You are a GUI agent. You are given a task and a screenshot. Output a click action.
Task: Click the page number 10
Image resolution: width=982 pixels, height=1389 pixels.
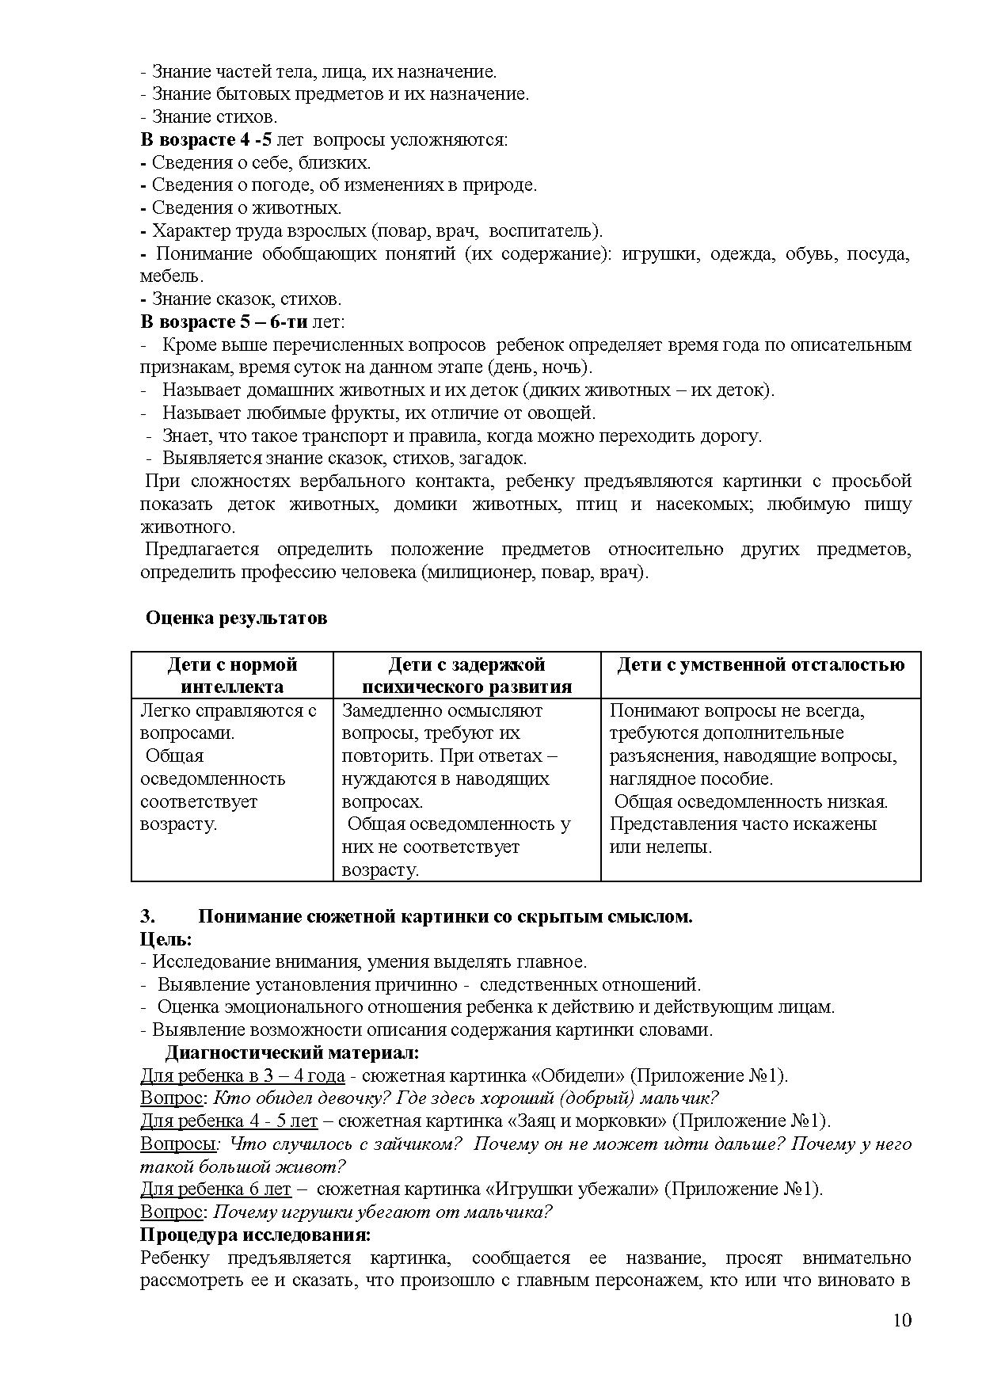click(x=902, y=1320)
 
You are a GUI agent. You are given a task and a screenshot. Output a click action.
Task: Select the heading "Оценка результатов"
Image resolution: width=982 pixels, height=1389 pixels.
click(x=236, y=618)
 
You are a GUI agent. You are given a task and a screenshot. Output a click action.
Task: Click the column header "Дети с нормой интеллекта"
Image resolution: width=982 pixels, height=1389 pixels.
click(x=232, y=675)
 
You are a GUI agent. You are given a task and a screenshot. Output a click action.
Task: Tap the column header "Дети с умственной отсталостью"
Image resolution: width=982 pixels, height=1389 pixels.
click(x=760, y=664)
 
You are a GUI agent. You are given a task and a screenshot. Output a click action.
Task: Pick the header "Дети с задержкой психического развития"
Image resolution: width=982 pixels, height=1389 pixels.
click(x=466, y=675)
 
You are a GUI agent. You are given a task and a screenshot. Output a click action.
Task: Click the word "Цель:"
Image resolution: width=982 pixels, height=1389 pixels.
click(x=166, y=939)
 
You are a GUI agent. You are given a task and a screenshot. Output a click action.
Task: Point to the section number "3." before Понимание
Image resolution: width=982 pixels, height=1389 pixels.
click(x=147, y=916)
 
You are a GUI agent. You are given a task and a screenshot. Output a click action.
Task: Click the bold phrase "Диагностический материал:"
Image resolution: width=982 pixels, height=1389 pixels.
click(x=291, y=1053)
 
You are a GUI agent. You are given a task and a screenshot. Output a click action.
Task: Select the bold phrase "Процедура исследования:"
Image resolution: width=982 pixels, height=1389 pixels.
click(x=256, y=1235)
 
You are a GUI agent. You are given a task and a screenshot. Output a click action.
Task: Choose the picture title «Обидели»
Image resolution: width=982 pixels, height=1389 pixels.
click(x=577, y=1076)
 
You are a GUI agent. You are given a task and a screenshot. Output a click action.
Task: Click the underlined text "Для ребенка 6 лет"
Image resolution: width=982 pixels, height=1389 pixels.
click(x=215, y=1189)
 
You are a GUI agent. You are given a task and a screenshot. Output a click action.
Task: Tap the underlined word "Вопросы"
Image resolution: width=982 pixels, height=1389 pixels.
click(x=177, y=1144)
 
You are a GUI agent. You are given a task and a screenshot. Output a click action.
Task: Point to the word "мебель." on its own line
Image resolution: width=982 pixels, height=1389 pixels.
click(x=172, y=276)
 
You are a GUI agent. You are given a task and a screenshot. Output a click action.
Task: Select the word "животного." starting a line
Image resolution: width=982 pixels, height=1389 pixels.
click(x=188, y=527)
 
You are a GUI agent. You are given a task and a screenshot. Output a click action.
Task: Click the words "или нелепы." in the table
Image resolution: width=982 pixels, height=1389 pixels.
click(x=660, y=847)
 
